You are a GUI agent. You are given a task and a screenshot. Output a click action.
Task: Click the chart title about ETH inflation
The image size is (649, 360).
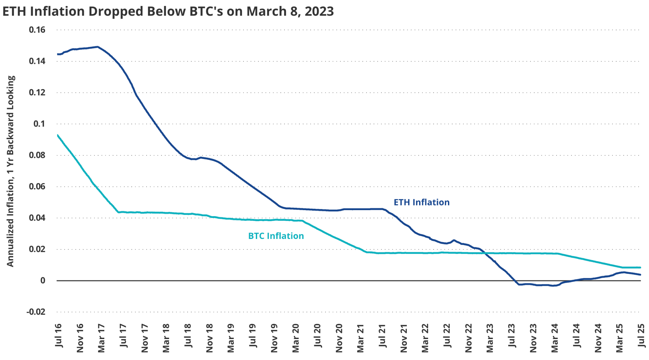click(168, 11)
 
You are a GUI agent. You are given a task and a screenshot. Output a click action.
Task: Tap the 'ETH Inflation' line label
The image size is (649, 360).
click(421, 202)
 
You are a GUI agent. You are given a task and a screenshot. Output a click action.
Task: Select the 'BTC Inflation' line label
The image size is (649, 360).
click(276, 236)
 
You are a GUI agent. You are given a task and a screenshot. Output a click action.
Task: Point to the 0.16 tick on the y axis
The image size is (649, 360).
click(37, 30)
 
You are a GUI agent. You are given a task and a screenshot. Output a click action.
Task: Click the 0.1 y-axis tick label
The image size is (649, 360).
click(39, 124)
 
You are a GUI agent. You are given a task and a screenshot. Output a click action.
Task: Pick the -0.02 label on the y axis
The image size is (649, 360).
click(36, 312)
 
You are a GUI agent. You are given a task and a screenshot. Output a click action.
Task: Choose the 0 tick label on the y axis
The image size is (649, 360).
click(43, 280)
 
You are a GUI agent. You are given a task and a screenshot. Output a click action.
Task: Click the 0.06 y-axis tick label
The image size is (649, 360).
click(37, 186)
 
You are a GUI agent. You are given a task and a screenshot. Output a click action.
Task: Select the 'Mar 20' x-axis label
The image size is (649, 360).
click(295, 338)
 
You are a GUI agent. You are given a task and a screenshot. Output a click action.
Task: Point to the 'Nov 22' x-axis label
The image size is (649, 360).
click(469, 338)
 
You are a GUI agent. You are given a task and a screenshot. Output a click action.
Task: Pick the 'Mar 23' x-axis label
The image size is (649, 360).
click(490, 338)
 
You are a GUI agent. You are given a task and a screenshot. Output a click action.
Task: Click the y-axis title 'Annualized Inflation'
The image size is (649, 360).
click(10, 171)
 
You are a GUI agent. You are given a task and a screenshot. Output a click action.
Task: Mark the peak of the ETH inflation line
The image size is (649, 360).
click(98, 47)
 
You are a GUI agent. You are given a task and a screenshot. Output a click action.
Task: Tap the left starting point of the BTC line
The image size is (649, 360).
click(57, 135)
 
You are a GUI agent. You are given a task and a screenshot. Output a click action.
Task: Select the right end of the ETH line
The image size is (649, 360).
click(640, 274)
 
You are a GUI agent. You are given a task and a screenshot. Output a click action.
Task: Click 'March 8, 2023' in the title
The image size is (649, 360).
click(290, 11)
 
